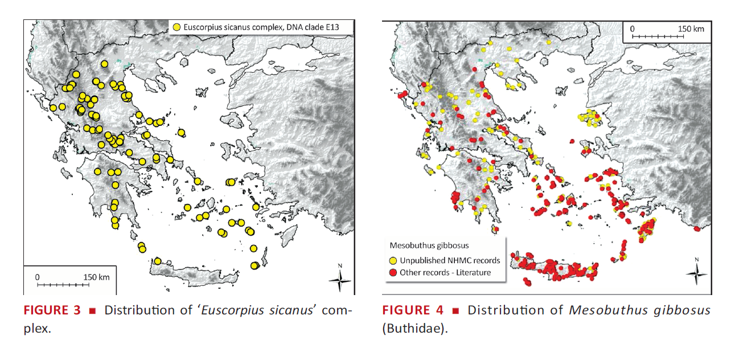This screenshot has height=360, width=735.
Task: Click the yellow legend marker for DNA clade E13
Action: pyautogui.click(x=177, y=27)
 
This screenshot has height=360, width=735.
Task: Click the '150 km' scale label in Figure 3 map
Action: pyautogui.click(x=96, y=277)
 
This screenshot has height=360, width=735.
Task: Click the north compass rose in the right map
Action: pyautogui.click(x=696, y=272)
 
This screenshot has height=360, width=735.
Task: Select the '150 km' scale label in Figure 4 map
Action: pyautogui.click(x=691, y=29)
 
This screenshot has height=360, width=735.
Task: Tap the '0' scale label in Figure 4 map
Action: pyautogui.click(x=633, y=29)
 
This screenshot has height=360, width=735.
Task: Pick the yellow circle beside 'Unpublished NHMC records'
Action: pyautogui.click(x=393, y=260)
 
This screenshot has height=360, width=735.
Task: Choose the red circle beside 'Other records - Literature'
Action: pyautogui.click(x=393, y=272)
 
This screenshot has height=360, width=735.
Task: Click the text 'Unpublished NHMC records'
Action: pyautogui.click(x=450, y=260)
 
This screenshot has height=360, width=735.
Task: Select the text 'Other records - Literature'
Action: pyautogui.click(x=445, y=272)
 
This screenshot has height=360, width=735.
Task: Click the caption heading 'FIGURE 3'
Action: pyautogui.click(x=52, y=310)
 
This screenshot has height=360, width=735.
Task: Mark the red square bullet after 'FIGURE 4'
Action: pyautogui.click(x=455, y=311)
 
